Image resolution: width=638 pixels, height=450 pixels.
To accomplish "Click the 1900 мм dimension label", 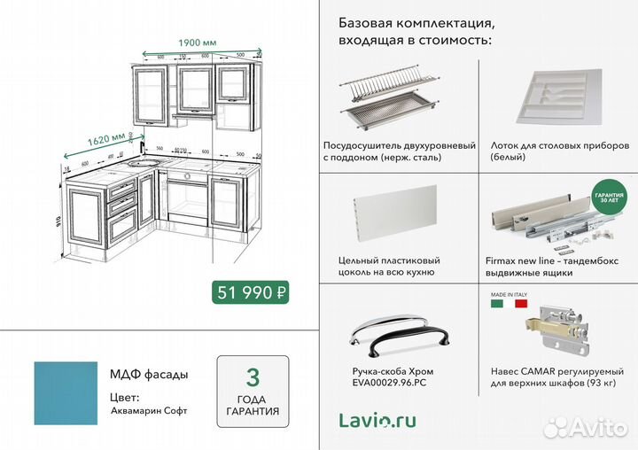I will [x=198, y=42].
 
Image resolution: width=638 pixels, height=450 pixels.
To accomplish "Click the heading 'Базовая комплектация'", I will [x=416, y=21].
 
